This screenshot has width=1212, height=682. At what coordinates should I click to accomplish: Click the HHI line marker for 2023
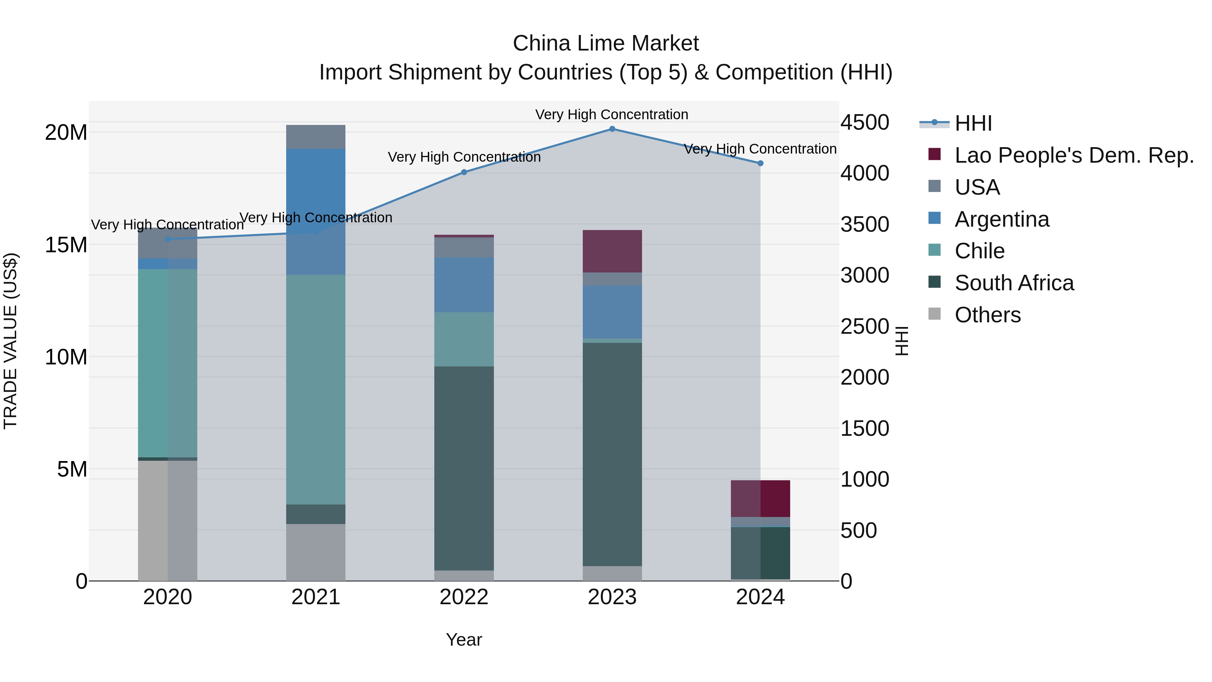point(612,129)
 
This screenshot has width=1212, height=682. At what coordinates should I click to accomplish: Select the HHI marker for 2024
point(760,163)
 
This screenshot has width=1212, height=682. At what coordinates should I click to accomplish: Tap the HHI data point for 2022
point(464,172)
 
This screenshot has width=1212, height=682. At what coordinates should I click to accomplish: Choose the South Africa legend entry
point(1014,283)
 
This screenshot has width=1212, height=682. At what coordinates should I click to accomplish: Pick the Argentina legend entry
point(1002,219)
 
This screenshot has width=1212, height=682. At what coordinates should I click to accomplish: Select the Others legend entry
point(987,315)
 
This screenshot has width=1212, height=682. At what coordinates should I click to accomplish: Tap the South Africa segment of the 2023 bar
point(612,454)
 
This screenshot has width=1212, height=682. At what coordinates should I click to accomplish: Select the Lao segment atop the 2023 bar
point(612,251)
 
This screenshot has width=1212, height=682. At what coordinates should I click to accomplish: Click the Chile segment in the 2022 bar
point(464,339)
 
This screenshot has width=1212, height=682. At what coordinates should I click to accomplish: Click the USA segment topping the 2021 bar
point(316,137)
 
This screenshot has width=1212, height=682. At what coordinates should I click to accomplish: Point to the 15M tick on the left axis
point(66,245)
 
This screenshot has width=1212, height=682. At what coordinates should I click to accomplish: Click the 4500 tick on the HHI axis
point(865,122)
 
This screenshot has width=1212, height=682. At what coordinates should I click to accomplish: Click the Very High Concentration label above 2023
point(612,115)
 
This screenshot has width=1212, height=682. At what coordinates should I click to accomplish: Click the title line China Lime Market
point(606,43)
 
